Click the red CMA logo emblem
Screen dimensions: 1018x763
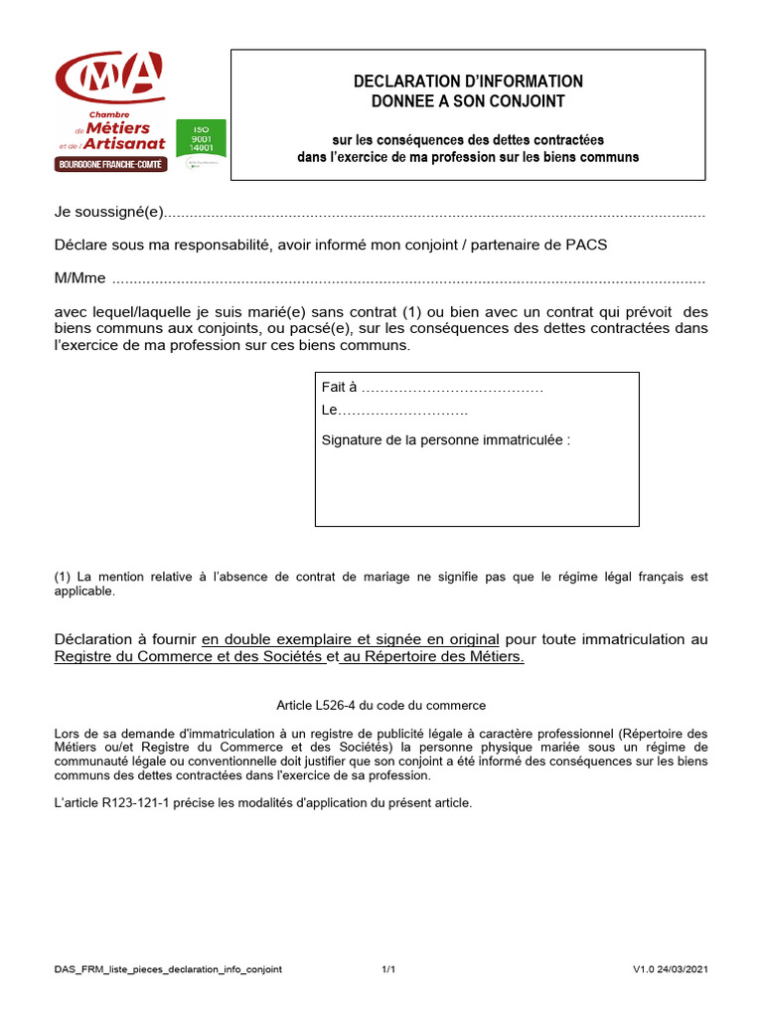coord(110,78)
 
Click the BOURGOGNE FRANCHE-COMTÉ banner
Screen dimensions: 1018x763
coord(110,164)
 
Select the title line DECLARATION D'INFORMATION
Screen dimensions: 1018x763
coord(469,82)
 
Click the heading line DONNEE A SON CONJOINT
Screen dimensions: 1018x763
coord(469,100)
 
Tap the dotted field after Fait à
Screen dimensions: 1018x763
coord(452,388)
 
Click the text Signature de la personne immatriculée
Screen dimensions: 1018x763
coord(446,439)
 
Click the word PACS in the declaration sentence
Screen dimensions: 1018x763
coord(586,246)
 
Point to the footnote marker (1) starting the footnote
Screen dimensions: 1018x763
coord(62,577)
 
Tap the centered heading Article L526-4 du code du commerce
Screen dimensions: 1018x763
coord(381,705)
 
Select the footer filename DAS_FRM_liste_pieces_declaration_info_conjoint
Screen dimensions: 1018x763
coord(168,969)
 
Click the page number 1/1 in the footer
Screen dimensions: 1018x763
coord(388,969)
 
